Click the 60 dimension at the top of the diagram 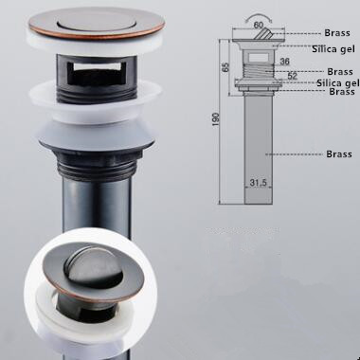(259, 25)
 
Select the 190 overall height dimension (216, 119)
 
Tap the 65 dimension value (225, 67)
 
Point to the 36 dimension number (284, 62)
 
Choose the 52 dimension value (293, 76)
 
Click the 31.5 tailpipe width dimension (259, 183)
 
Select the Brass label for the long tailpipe (339, 154)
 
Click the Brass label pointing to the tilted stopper (337, 33)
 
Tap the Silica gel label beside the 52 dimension (338, 82)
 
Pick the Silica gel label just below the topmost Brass (333, 49)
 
